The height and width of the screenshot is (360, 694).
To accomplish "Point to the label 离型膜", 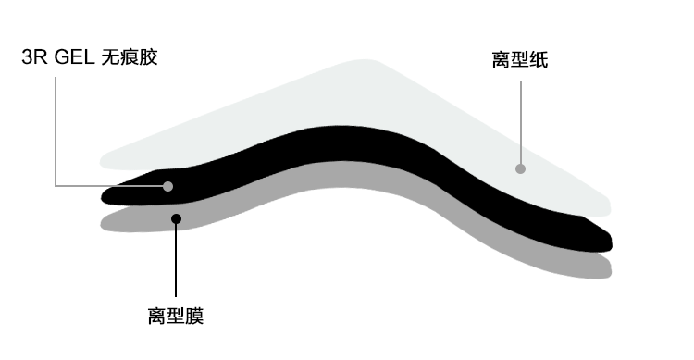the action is (x=175, y=316).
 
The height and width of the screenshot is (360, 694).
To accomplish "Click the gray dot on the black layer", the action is (x=168, y=186).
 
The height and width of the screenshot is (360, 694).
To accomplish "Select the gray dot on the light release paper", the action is (x=520, y=168).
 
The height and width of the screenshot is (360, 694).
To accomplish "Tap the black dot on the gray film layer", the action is (x=176, y=219).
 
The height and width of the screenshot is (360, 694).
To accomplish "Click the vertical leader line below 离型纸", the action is (x=520, y=120).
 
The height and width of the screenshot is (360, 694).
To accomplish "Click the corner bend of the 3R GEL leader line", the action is (x=56, y=186).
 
